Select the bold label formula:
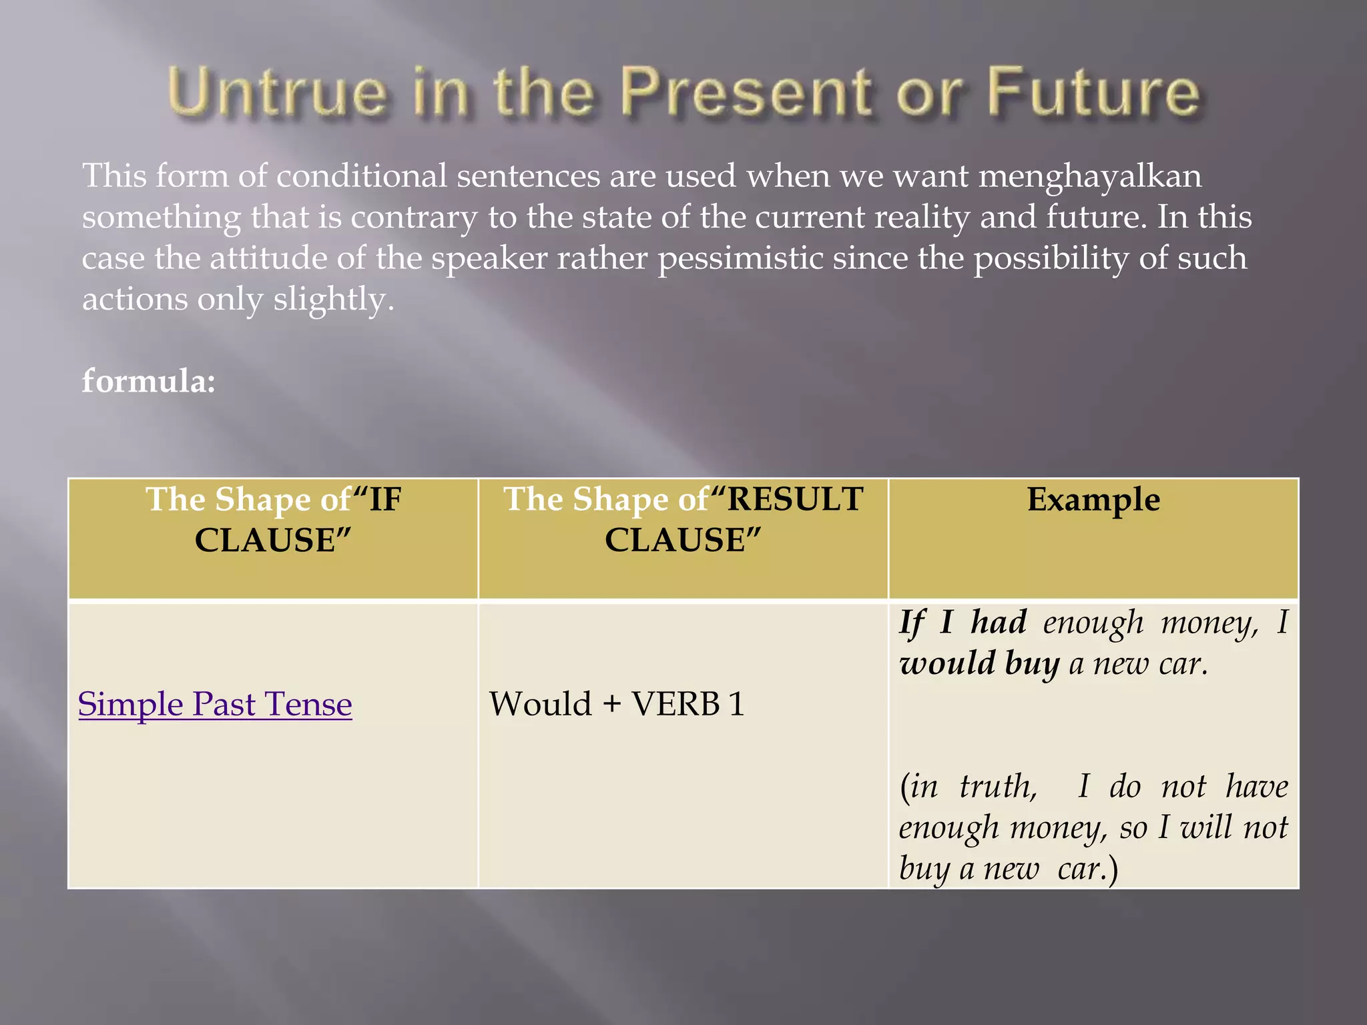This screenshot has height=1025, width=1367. [148, 381]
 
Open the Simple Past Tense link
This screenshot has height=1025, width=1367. [215, 705]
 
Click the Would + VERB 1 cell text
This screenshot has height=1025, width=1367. [617, 705]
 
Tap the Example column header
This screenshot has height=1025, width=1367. [1093, 500]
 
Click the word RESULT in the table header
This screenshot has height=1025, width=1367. [795, 500]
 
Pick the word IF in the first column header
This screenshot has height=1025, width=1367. [385, 500]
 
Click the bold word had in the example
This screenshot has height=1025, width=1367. [999, 623]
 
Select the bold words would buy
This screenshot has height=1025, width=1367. [979, 664]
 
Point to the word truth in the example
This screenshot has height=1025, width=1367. [998, 787]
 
